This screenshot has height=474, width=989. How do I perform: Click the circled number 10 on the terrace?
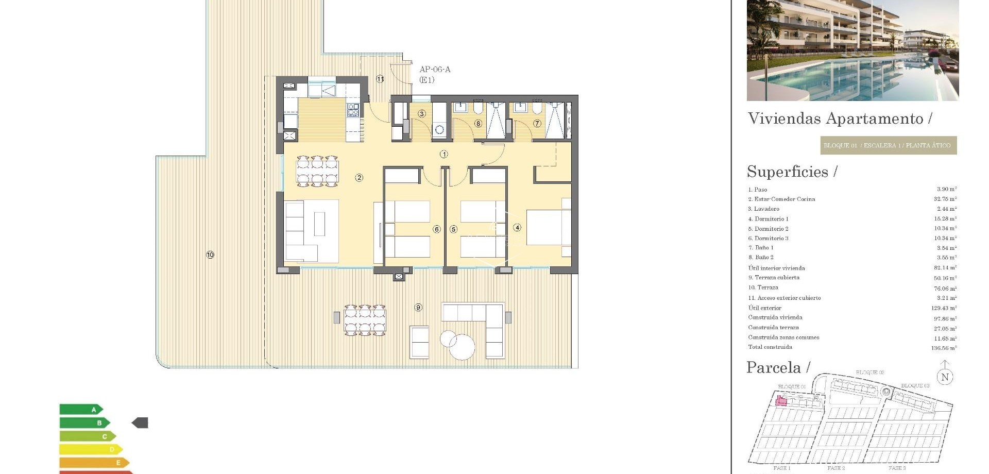(210, 255)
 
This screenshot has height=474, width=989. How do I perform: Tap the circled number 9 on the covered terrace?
(418, 308)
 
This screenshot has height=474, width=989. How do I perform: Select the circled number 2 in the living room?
(359, 178)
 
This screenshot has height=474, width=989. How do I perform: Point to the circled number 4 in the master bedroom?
(517, 227)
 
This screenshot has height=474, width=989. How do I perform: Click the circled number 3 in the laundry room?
(422, 113)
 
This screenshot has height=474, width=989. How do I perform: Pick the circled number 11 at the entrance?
(380, 79)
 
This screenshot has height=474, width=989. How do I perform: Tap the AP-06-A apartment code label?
(435, 70)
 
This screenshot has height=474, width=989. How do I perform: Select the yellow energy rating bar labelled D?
(91, 449)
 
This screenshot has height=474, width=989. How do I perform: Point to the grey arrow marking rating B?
(140, 423)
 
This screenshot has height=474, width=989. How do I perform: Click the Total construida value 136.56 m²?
(944, 348)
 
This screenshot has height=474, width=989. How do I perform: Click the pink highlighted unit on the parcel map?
(781, 401)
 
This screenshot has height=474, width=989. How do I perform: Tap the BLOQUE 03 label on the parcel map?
(915, 385)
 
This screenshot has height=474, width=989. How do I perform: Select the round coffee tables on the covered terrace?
(458, 344)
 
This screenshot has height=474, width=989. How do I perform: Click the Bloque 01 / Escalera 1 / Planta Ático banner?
(888, 145)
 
